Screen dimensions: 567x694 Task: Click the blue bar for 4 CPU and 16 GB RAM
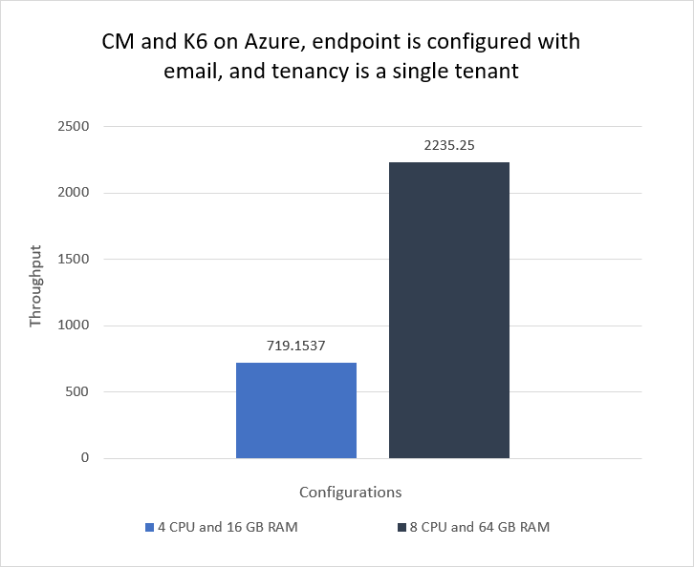[x=296, y=410]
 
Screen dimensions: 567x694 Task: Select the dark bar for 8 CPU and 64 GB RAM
[x=449, y=310]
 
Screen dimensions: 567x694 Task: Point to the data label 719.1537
[x=296, y=346]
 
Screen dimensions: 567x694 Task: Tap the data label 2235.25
[x=449, y=146]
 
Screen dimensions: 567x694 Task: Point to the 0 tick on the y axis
[x=85, y=458]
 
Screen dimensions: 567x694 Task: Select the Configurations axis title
[x=350, y=493]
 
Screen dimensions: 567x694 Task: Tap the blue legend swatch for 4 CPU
[x=149, y=527]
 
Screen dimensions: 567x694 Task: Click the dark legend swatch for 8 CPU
[x=401, y=527]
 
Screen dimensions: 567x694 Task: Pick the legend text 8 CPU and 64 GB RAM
[x=480, y=527]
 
